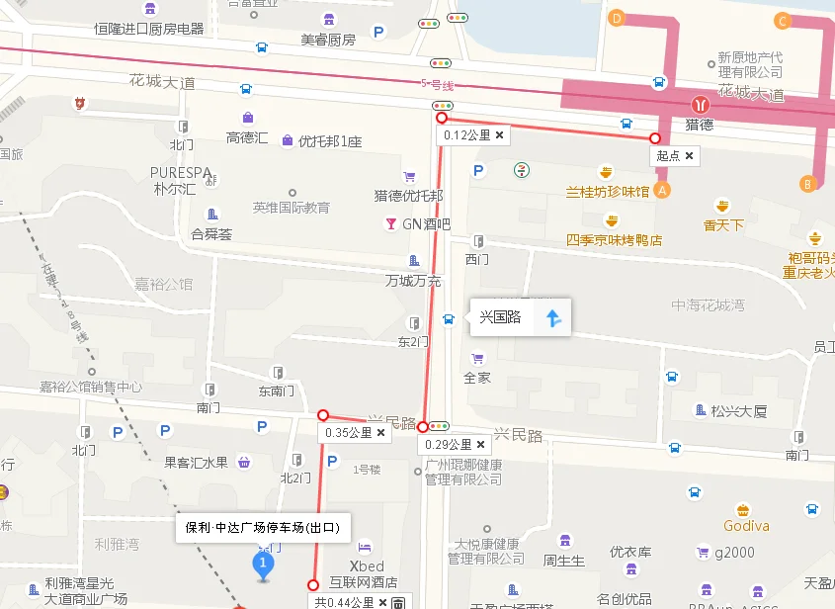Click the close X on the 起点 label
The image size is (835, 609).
689,156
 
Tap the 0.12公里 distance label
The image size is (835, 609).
466,135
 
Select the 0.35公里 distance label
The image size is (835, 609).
346,433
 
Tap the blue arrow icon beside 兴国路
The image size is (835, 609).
553,317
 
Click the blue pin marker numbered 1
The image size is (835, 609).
263,565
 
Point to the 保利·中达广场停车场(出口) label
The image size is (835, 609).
262,528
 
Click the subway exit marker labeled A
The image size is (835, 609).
662,188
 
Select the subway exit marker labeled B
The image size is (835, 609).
808,183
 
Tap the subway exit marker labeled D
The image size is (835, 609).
618,18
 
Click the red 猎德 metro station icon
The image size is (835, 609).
700,103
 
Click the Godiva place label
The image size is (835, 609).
746,526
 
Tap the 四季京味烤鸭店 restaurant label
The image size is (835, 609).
614,240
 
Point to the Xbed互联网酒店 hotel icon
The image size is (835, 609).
365,547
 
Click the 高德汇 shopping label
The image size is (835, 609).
247,138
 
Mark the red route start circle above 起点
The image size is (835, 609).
655,138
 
